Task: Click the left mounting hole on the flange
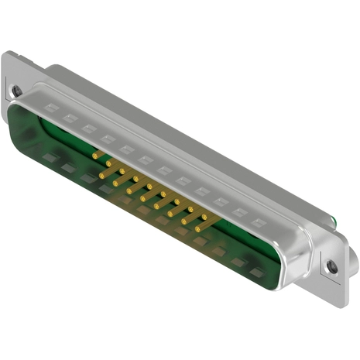click(17, 91)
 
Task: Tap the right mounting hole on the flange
click(332, 266)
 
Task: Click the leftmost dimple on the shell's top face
click(50, 108)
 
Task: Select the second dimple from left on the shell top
click(70, 118)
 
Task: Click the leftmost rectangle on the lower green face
click(50, 159)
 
